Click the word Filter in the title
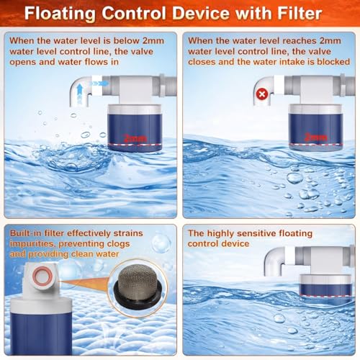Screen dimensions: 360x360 pos(300,13)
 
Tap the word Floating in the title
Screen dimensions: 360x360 pos(60,14)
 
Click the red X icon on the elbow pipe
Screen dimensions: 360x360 pos(262,94)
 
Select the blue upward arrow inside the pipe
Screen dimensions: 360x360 pos(79,93)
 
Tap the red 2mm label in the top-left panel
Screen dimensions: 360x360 pos(135,138)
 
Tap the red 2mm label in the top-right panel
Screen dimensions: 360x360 pos(315,138)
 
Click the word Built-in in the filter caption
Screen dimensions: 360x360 pos(26,233)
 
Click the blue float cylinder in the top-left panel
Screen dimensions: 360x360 pos(135,132)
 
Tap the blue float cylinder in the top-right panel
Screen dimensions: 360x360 pos(315,132)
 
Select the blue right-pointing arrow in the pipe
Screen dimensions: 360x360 pos(99,84)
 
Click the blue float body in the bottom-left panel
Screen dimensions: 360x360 pos(41,333)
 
